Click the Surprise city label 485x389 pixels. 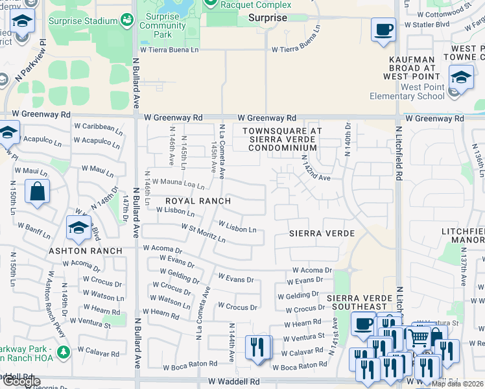267,18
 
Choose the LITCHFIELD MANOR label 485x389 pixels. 462,235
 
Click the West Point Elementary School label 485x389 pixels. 407,92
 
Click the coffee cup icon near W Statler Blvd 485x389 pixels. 383,29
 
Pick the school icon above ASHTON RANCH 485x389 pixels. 78,228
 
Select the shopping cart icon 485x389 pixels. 419,337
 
